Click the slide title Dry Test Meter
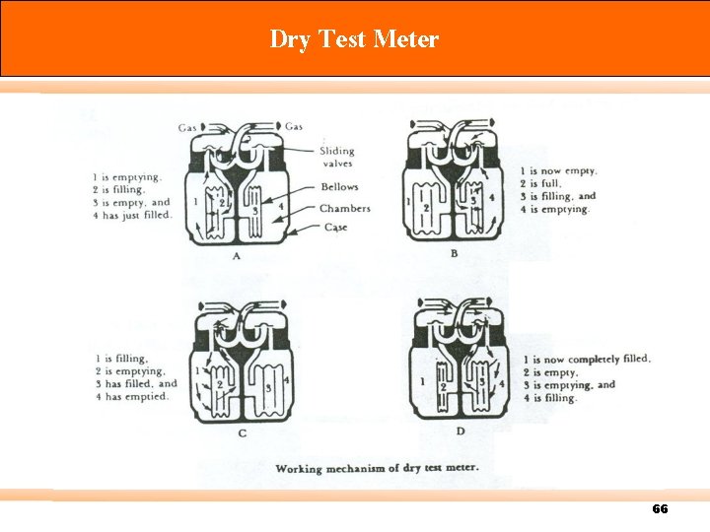pos(354,39)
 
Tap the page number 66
pos(660,509)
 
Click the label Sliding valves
pos(336,158)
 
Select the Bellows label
pos(339,187)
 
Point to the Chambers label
pos(344,209)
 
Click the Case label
pos(335,228)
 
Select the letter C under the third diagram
pos(243,432)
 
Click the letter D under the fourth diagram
pos(460,431)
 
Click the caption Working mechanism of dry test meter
pos(378,466)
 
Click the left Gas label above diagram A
pos(187,127)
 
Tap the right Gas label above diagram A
pos(294,126)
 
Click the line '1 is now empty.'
pos(557,171)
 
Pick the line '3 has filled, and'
pos(136,384)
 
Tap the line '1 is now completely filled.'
pos(586,360)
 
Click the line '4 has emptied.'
pos(131,397)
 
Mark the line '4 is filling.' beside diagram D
pos(549,398)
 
